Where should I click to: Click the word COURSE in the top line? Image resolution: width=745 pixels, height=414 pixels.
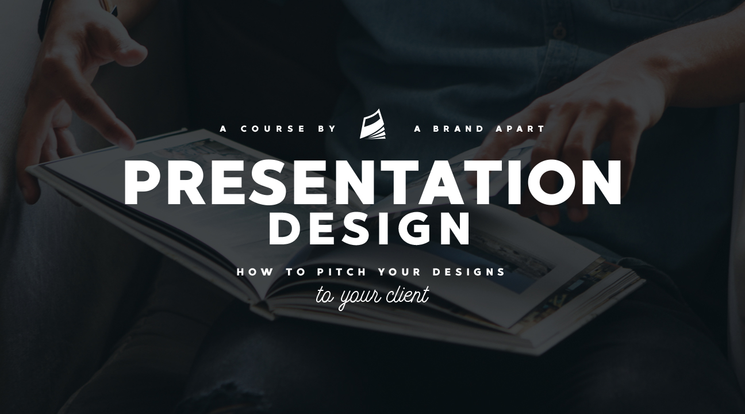click(272, 129)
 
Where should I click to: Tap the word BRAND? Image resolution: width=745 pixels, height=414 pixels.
click(458, 129)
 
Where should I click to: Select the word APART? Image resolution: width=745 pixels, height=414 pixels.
click(520, 129)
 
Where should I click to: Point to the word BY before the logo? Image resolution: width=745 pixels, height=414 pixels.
click(327, 129)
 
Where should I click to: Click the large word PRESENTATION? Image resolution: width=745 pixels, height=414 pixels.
click(373, 182)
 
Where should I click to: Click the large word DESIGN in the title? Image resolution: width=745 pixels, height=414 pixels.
click(369, 229)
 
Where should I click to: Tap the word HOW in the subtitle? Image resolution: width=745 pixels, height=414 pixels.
click(255, 272)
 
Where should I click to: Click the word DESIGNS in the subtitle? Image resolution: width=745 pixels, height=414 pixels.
click(469, 272)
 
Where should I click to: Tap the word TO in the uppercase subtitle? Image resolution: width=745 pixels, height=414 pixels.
click(295, 272)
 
